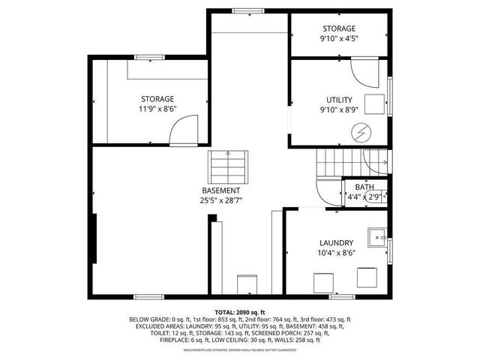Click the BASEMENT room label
(220, 190)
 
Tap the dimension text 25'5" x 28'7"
(220, 200)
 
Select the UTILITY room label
(339, 100)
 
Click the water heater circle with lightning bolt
(362, 132)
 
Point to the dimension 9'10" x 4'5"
(339, 39)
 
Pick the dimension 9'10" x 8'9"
(339, 110)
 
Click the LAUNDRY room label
(336, 242)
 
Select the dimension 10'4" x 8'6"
(336, 253)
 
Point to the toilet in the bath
(380, 196)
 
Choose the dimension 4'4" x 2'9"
(362, 197)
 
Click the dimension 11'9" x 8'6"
(157, 109)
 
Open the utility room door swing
(367, 72)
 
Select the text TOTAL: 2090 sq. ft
(240, 312)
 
